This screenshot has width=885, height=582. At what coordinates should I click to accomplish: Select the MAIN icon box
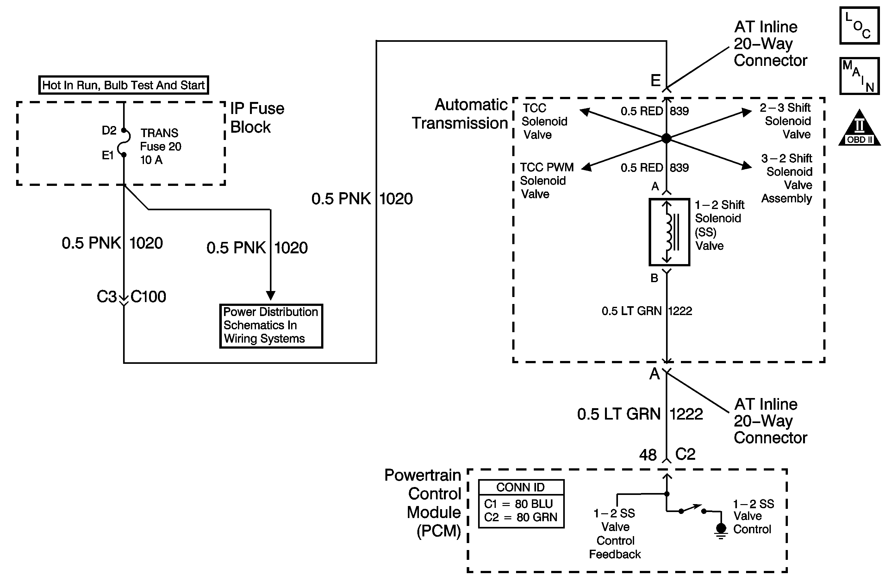859,76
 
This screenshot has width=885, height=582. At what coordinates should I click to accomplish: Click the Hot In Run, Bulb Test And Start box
123,85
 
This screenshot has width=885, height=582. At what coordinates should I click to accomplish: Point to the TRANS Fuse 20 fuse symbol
124,142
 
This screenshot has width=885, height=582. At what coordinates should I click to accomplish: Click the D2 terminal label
109,130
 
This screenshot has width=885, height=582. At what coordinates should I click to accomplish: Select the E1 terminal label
108,155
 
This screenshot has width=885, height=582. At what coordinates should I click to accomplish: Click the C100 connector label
148,297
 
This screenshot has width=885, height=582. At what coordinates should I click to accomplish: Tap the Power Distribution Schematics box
271,326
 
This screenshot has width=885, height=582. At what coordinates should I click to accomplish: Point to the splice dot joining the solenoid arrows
666,138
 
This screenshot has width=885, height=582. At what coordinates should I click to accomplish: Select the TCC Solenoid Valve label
544,121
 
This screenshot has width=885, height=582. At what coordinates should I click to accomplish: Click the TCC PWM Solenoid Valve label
546,180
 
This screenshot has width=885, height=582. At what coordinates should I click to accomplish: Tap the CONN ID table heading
520,487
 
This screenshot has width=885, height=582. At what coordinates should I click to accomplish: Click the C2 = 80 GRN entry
520,517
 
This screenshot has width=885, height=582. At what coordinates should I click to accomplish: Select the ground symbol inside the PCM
721,531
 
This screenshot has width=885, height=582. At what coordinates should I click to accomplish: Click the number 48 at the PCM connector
648,455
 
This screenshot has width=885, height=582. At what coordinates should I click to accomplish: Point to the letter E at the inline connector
655,80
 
